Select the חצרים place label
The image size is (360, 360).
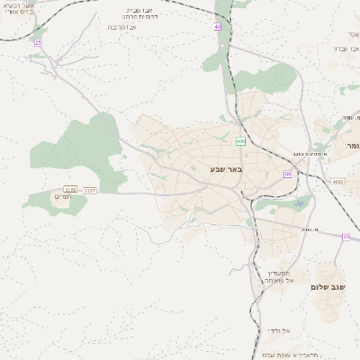point(62,196)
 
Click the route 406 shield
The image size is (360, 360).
point(240,141)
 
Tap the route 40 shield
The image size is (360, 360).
point(217,26)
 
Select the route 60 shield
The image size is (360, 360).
point(288,174)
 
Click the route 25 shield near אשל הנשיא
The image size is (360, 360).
point(38,41)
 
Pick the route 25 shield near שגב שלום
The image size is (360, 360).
point(346,237)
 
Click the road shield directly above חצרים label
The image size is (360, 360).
point(89,190)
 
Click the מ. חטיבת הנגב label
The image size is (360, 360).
point(305,155)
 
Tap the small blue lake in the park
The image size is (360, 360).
point(298,203)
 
